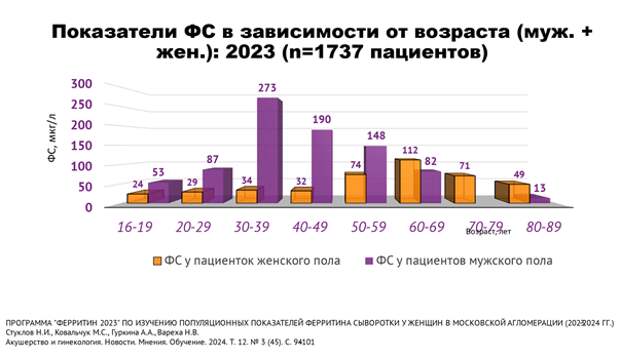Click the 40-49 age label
coord(305,226)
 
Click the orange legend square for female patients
coord(158,262)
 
